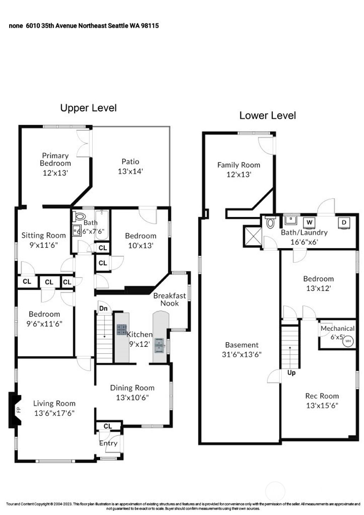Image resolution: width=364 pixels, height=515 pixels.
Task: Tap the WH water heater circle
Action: tap(348, 341)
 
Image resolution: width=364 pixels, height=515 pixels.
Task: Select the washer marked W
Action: tap(310, 223)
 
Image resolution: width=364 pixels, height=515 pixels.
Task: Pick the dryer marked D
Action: tap(344, 223)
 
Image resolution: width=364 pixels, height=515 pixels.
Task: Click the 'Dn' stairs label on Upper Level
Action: tap(103, 308)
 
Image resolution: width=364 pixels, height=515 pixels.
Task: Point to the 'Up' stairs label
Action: tap(291, 373)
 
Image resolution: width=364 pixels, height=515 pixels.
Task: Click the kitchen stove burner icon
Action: tap(122, 329)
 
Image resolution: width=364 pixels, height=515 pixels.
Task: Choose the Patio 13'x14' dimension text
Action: tap(130, 171)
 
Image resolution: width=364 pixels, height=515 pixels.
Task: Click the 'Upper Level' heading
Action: tap(89, 108)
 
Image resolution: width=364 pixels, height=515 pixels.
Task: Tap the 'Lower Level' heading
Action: tap(267, 116)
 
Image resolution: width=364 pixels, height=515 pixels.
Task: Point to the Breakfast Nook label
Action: tap(170, 299)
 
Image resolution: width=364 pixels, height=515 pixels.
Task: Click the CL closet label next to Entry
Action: tap(108, 426)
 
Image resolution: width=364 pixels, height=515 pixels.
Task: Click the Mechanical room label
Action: tap(337, 328)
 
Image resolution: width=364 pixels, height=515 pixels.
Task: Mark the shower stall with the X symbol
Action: tap(252, 236)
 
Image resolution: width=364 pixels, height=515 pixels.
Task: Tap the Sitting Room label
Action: tap(43, 235)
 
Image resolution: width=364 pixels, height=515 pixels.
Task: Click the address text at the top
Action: tap(84, 26)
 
